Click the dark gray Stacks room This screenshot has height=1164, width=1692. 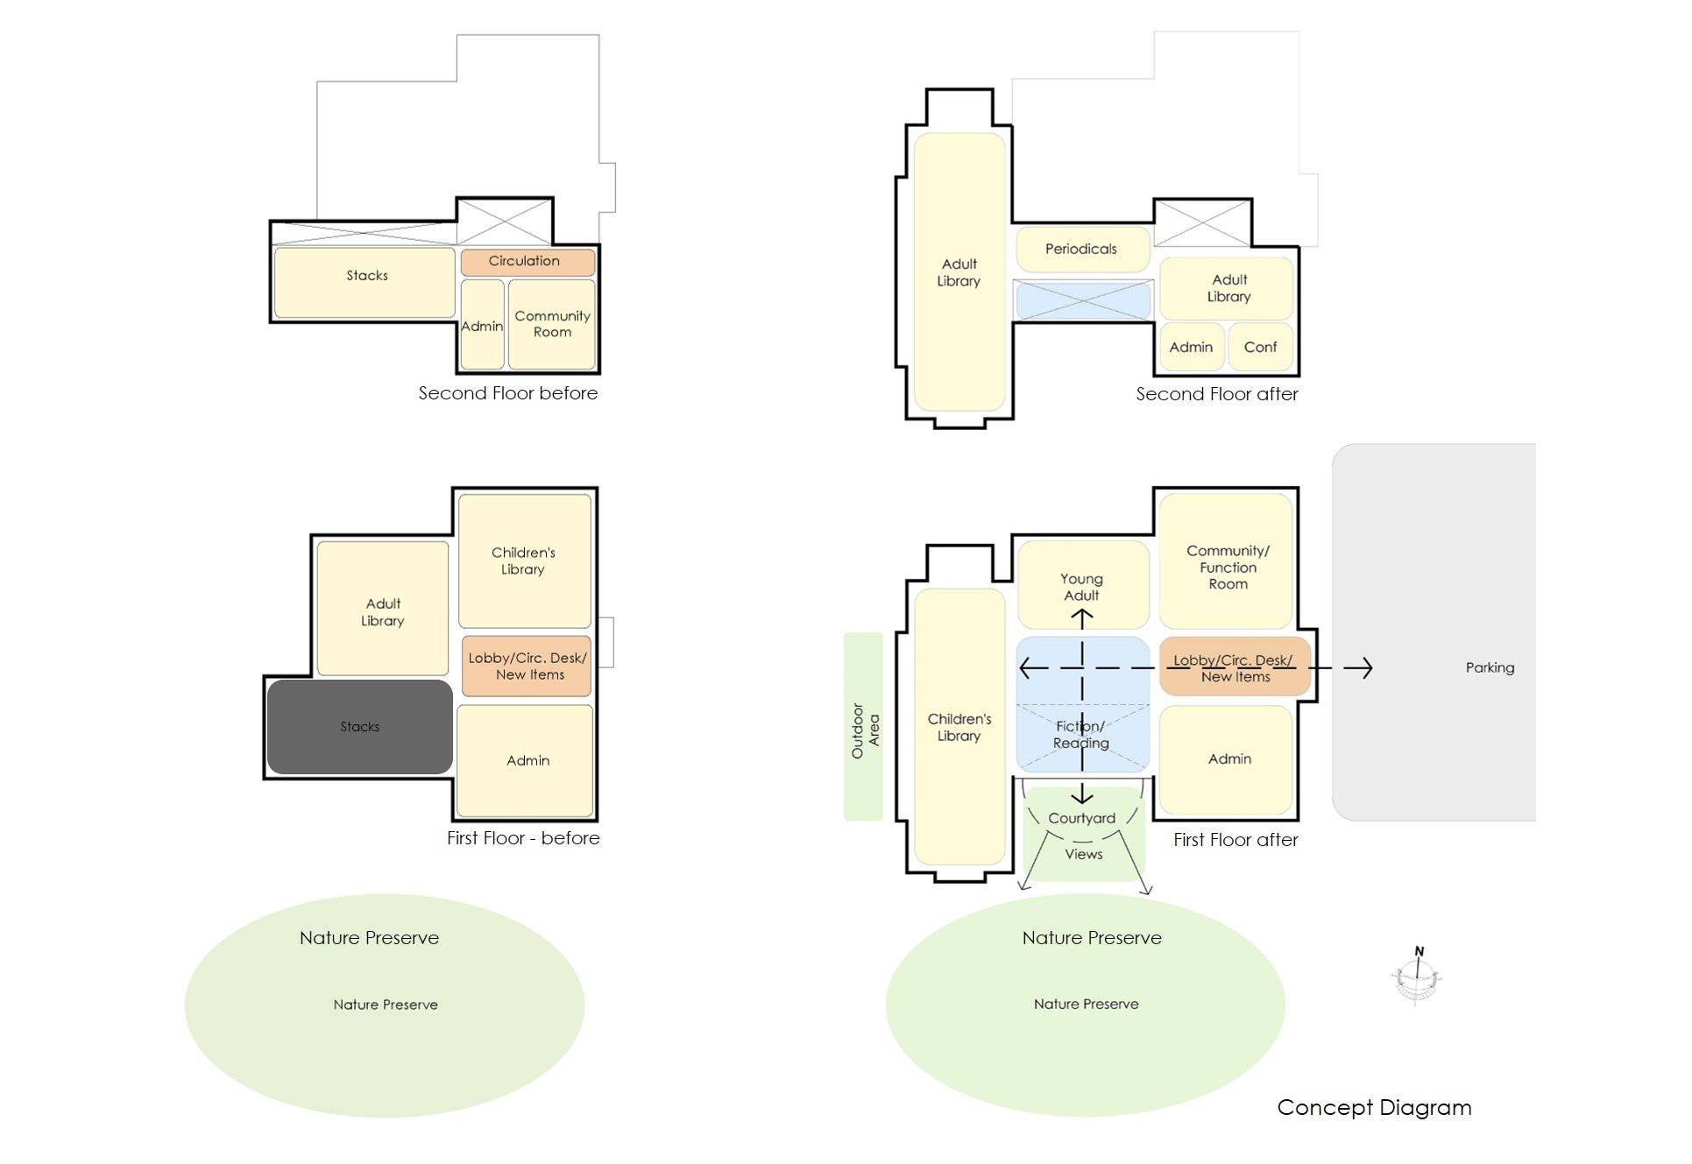coord(360,727)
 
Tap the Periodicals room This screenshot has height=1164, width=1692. coord(1082,250)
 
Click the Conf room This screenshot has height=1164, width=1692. coord(1260,348)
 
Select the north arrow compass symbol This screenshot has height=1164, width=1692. coord(1416,977)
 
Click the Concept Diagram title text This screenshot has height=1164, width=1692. coord(1374,1108)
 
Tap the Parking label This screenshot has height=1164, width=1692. coord(1490,668)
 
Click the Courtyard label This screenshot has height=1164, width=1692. coord(1082,819)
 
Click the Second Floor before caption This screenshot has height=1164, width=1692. coord(507,394)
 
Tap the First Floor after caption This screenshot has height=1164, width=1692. coord(1235,841)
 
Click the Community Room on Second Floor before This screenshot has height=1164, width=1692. coord(552,324)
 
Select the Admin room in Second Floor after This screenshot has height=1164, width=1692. coord(1191,348)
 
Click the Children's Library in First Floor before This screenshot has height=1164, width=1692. coord(524,561)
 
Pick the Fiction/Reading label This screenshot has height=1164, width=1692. coord(1081,735)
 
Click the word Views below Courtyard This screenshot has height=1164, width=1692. coord(1084,855)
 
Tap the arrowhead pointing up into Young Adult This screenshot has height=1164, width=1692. coord(1082,617)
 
